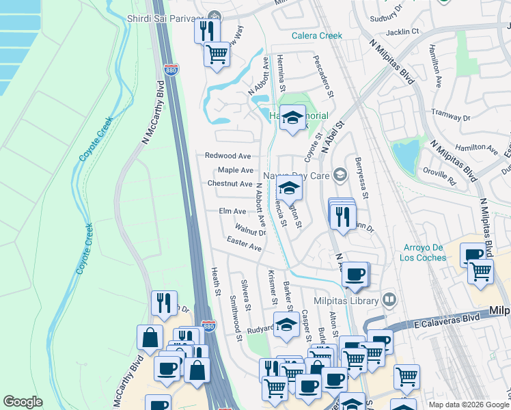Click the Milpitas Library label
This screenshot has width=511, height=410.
tap(346, 301)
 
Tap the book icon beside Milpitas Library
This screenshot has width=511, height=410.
tap(389, 300)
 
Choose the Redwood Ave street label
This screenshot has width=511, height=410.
tap(228, 156)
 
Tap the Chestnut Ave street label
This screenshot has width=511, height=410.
tap(230, 184)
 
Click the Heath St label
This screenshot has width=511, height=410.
tap(216, 282)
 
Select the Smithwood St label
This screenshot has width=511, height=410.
tap(236, 318)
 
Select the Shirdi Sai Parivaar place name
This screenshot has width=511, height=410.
tap(165, 16)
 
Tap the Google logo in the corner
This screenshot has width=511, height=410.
tap(23, 402)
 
